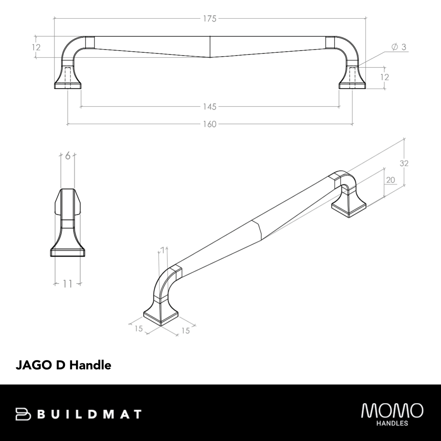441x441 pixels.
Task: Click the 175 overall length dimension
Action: pos(210,19)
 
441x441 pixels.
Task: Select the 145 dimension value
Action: pos(210,107)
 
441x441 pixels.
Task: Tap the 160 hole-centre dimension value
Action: pos(210,124)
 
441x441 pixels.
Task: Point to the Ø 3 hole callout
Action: pos(399,47)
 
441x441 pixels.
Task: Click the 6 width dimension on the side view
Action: pos(68,156)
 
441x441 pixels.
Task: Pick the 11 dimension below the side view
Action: pos(67,284)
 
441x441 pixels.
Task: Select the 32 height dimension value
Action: pos(404,164)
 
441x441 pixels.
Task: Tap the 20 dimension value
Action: pos(390,180)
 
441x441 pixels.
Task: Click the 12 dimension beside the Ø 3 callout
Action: pos(385,77)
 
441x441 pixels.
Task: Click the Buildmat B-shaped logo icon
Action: pos(23,414)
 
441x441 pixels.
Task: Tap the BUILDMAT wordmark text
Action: pos(91,414)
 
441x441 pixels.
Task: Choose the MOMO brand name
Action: pos(392,410)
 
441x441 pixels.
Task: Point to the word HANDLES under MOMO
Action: pos(392,423)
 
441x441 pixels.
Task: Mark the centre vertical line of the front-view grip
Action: pos(210,47)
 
